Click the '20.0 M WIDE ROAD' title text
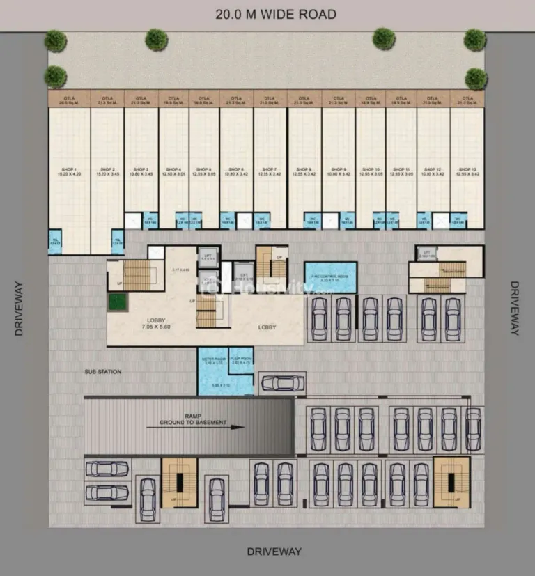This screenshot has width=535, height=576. [x=276, y=14]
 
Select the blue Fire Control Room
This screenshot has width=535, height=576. [x=330, y=277]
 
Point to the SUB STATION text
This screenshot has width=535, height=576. [x=103, y=372]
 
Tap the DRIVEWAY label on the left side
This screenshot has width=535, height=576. [x=19, y=308]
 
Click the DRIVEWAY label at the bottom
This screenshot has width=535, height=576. [x=275, y=552]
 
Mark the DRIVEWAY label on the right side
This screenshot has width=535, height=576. [x=514, y=308]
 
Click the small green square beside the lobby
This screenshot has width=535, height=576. [x=118, y=302]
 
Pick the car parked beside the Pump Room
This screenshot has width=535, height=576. [x=281, y=383]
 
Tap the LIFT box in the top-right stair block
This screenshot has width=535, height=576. [x=427, y=254]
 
